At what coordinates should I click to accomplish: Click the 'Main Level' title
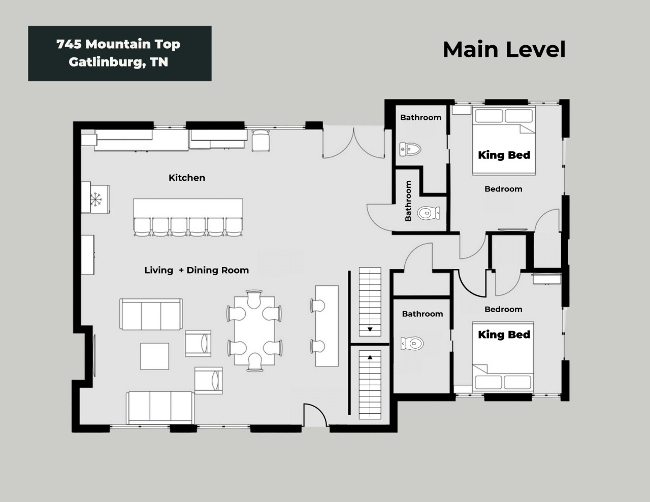pyautogui.click(x=504, y=49)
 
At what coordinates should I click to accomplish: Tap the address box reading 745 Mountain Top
pyautogui.click(x=120, y=53)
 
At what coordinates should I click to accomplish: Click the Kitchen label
pyautogui.click(x=187, y=178)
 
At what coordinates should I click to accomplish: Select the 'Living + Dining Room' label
pyautogui.click(x=197, y=270)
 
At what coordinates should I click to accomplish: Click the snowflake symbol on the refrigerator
pyautogui.click(x=96, y=199)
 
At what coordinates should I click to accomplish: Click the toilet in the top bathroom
pyautogui.click(x=410, y=149)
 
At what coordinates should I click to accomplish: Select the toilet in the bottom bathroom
pyautogui.click(x=412, y=343)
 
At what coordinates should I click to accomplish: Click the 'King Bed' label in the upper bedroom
pyautogui.click(x=504, y=155)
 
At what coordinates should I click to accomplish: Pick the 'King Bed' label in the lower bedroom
pyautogui.click(x=504, y=334)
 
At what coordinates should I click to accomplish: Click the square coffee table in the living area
pyautogui.click(x=155, y=356)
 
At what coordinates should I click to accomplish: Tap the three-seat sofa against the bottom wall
pyautogui.click(x=160, y=408)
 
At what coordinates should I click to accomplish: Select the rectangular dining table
pyautogui.click(x=254, y=330)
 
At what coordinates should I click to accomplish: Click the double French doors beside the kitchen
pyautogui.click(x=354, y=143)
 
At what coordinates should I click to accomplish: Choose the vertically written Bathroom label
pyautogui.click(x=408, y=201)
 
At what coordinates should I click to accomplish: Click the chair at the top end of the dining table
pyautogui.click(x=254, y=299)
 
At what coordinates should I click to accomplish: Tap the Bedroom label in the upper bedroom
pyautogui.click(x=503, y=189)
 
